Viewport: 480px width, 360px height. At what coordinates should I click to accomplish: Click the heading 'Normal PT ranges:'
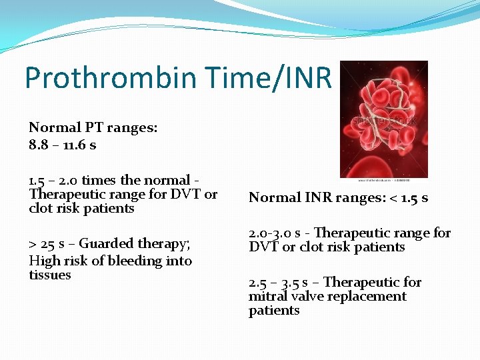[x=93, y=127]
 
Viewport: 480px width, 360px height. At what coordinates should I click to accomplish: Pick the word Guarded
[x=105, y=243]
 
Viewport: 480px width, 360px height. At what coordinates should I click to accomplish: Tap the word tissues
[x=50, y=275]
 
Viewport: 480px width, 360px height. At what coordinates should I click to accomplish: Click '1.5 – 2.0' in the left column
[x=53, y=180]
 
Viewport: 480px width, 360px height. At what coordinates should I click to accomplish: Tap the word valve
[x=308, y=296]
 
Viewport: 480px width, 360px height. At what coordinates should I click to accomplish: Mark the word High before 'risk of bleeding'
[x=44, y=261]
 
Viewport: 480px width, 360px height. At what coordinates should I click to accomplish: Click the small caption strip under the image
[x=384, y=179]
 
